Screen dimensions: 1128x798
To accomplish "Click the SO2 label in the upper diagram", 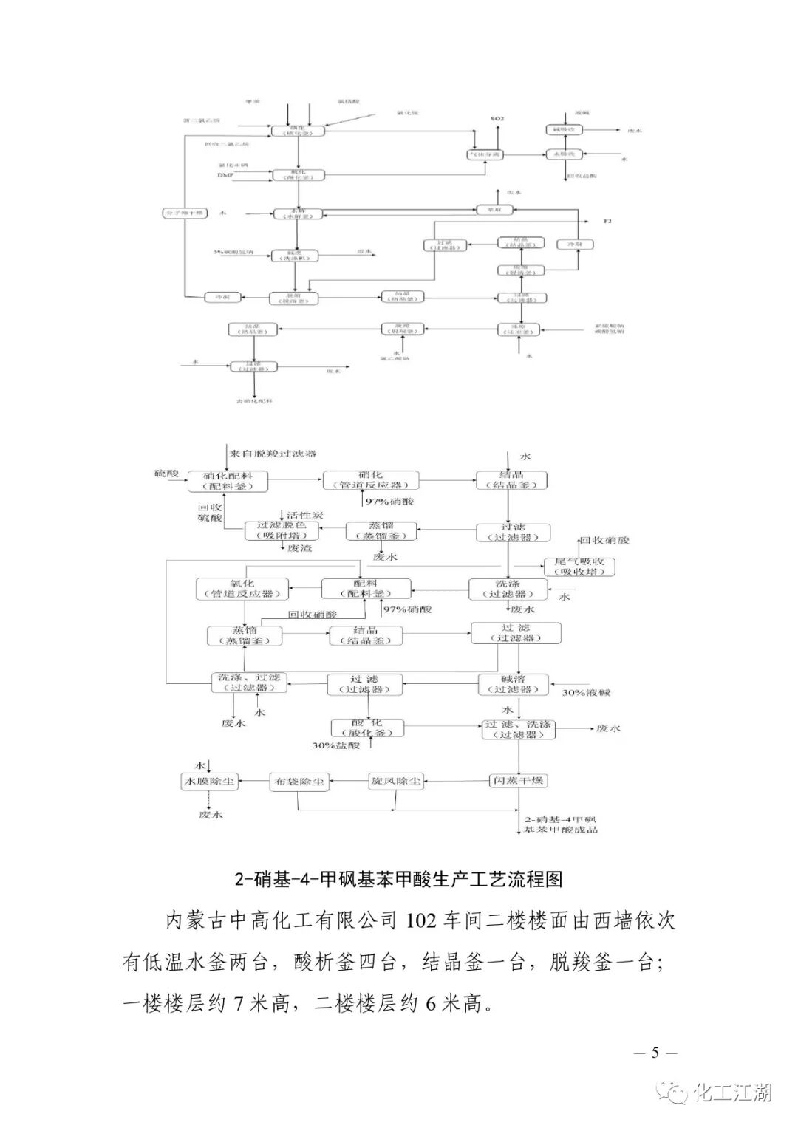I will click(x=497, y=118).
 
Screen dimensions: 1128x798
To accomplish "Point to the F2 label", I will click(x=608, y=222).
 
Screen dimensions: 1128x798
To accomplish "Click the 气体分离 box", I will click(x=485, y=154).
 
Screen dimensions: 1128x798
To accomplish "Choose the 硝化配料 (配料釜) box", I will click(x=228, y=482).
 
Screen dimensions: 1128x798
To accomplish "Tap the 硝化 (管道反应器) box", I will click(x=370, y=480).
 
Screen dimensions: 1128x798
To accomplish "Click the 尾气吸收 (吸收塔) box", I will click(x=579, y=567).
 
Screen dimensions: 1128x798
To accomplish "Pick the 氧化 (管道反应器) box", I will click(x=242, y=589).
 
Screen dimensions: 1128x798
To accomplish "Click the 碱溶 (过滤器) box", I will click(x=514, y=684).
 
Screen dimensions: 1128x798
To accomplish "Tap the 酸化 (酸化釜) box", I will click(x=367, y=728).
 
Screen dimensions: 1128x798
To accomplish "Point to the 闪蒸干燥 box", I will click(x=519, y=781).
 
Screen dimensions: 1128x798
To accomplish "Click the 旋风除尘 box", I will click(x=395, y=781).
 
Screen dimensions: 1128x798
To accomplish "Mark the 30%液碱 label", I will click(x=587, y=693).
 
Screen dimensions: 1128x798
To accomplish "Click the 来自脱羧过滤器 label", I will click(x=273, y=453).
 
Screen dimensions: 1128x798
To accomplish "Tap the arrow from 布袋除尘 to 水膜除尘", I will click(x=254, y=781).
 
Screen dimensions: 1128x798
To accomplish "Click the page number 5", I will click(x=655, y=1053).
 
